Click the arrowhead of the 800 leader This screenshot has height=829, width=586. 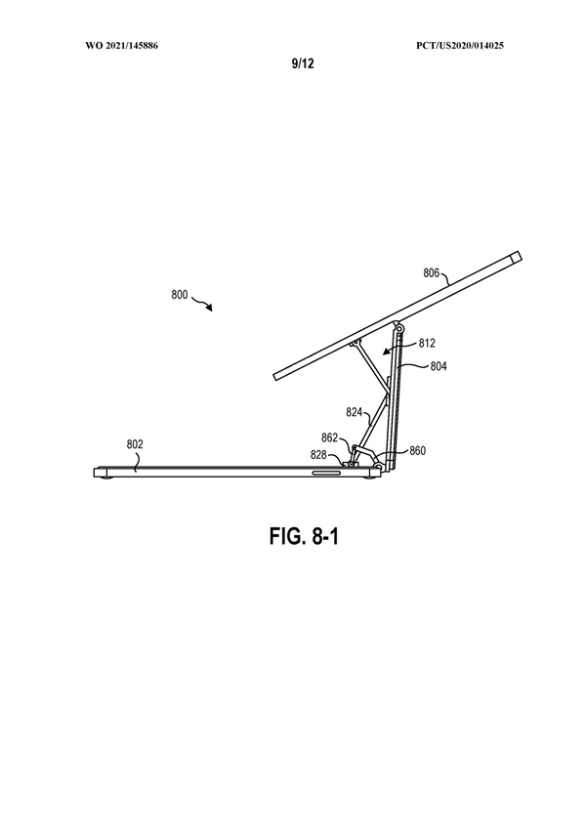[x=213, y=310]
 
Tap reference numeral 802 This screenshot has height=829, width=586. [x=135, y=444]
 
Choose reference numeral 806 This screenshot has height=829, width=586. [x=432, y=274]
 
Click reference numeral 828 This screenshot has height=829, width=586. [x=319, y=455]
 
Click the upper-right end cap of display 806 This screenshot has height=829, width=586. [x=515, y=259]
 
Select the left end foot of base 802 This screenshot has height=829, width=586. [x=101, y=474]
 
